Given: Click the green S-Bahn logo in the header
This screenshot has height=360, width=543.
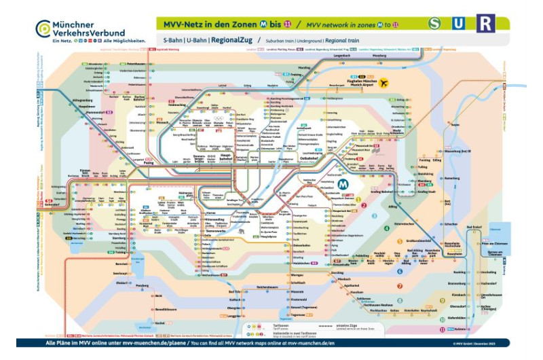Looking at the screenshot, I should (435, 24).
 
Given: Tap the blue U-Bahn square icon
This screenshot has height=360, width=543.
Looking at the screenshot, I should (460, 24).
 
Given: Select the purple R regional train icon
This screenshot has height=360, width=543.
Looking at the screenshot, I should (485, 24).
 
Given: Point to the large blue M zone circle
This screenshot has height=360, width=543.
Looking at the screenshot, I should (343, 184).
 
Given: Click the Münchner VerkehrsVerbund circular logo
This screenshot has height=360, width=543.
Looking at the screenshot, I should (43, 27).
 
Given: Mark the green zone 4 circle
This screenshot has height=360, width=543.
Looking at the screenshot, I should (387, 228).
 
